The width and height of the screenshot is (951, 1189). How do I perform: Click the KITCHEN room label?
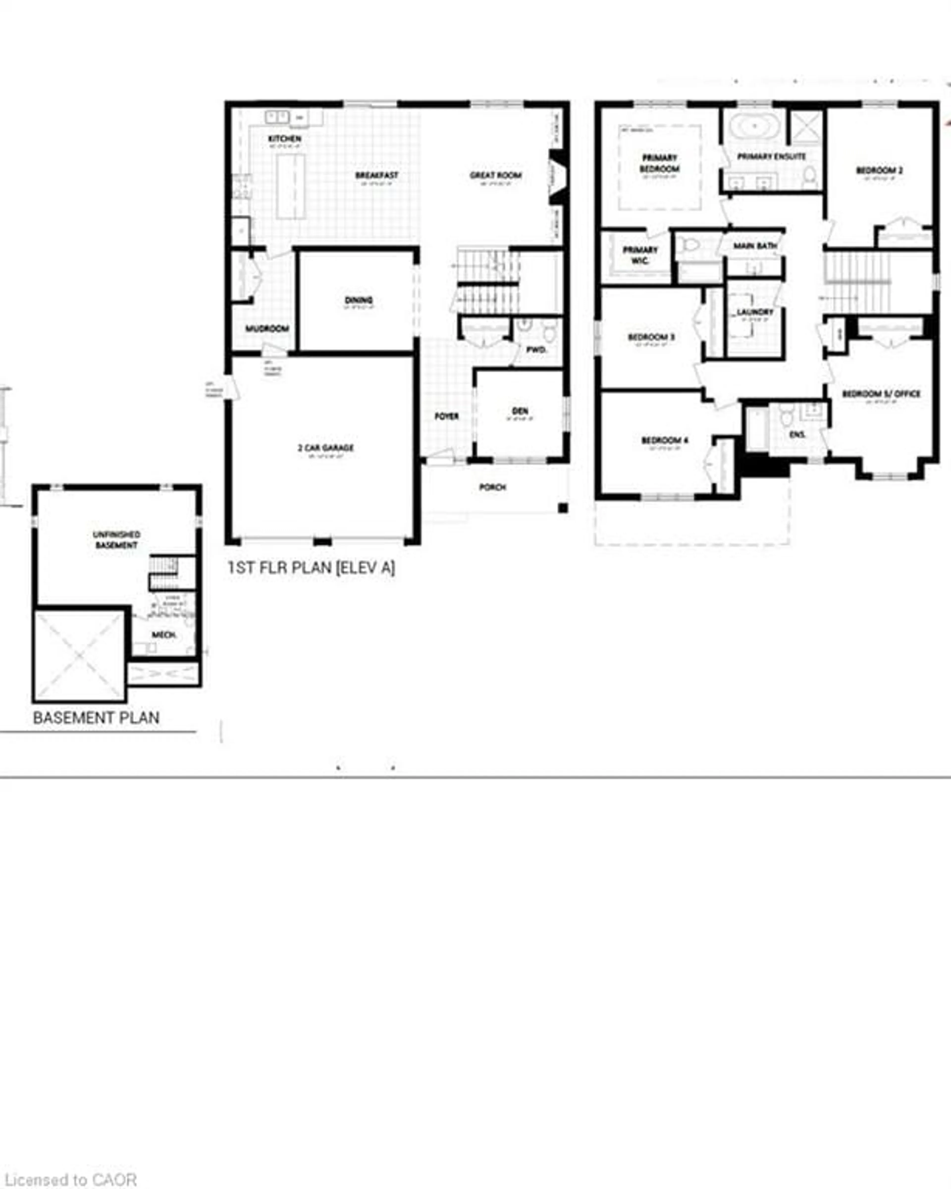tap(285, 138)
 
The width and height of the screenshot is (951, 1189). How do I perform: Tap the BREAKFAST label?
tap(377, 175)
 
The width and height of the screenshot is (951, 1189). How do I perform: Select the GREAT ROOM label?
tap(495, 175)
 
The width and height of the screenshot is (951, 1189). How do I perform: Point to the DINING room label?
tap(359, 300)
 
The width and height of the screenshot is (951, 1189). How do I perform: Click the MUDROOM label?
tap(267, 329)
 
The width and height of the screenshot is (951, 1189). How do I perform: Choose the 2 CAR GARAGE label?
tap(325, 448)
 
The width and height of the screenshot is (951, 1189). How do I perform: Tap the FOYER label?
tap(446, 416)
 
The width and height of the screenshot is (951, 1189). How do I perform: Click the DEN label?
tap(520, 411)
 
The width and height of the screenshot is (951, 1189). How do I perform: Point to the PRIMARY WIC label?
tap(640, 255)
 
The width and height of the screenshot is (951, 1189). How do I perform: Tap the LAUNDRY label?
tap(755, 312)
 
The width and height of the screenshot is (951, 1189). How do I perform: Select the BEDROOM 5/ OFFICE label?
tap(881, 394)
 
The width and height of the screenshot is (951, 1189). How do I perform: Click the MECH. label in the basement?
tap(164, 635)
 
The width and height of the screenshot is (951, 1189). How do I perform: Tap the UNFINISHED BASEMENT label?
tap(116, 539)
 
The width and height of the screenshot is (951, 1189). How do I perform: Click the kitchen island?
tap(291, 186)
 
